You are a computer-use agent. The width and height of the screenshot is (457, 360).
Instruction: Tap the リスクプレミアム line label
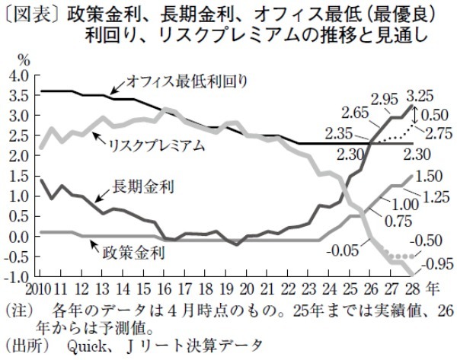pyautogui.click(x=157, y=145)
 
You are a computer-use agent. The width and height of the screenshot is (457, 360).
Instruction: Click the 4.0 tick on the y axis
pyautogui.click(x=20, y=75)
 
